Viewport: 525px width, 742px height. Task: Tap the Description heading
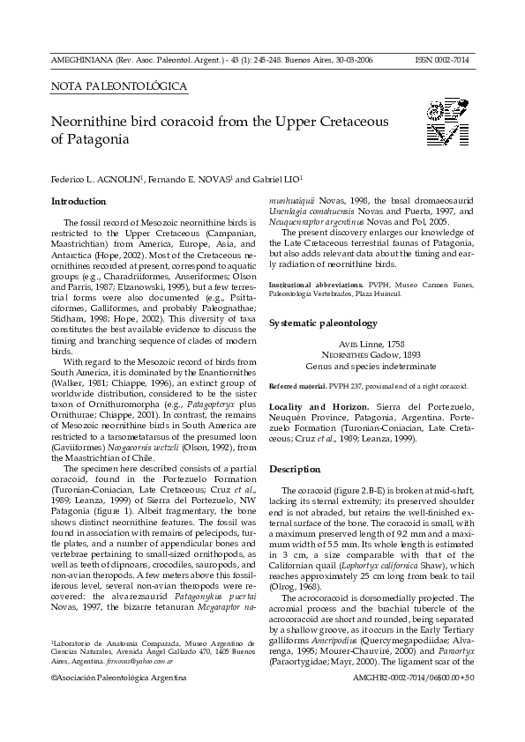click(295, 469)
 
